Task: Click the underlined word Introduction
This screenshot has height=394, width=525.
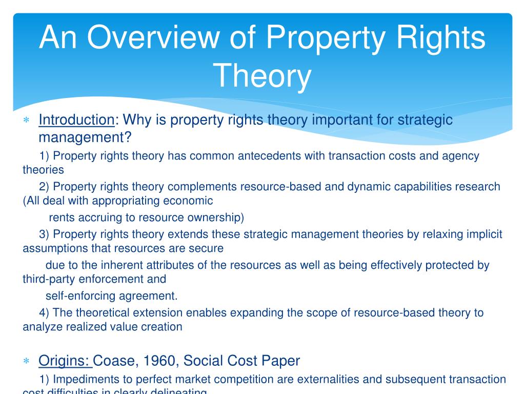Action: click(77, 120)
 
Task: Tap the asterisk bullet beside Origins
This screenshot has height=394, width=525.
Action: click(26, 362)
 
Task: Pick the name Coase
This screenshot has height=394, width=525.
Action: click(112, 361)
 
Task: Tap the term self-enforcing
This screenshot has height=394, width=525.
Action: click(81, 296)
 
